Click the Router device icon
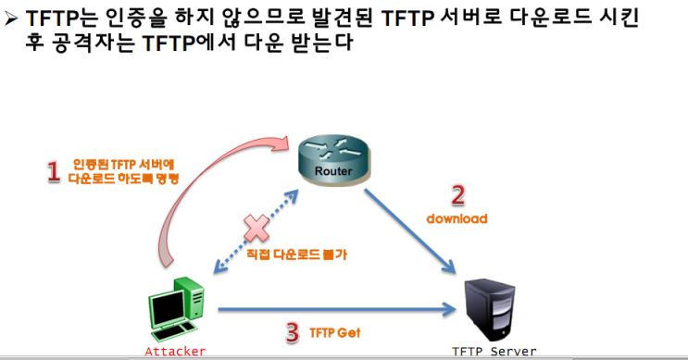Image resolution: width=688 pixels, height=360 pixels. (x=334, y=160)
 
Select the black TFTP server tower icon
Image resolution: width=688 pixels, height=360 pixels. (x=490, y=309)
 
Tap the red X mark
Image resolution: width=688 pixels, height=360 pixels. (x=256, y=228)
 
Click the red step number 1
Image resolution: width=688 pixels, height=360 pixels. (x=54, y=171)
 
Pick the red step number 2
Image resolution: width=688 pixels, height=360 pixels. (x=457, y=195)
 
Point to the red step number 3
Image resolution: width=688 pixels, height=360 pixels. (x=293, y=333)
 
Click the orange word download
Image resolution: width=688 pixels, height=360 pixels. (x=457, y=218)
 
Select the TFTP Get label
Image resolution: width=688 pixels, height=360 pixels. (x=335, y=333)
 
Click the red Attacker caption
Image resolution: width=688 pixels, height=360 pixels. (x=175, y=352)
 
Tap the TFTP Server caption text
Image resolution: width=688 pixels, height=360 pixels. (x=494, y=352)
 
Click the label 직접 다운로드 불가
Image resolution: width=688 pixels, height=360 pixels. (x=296, y=254)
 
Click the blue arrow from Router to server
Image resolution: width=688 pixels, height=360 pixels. (x=410, y=232)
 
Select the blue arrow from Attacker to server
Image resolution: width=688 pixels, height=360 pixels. (x=337, y=309)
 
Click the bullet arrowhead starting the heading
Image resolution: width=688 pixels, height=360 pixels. (x=10, y=19)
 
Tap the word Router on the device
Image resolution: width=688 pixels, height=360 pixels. (x=333, y=171)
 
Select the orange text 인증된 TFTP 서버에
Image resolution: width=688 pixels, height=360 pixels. (x=123, y=165)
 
